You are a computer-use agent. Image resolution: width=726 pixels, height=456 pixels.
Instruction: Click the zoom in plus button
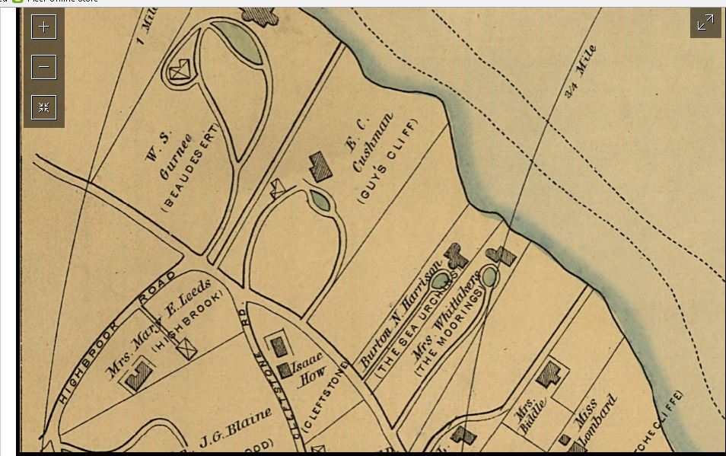point(44,27)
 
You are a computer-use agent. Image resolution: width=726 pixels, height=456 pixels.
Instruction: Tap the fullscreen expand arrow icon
point(705,23)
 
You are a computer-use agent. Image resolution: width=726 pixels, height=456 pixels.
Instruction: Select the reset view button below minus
point(44,107)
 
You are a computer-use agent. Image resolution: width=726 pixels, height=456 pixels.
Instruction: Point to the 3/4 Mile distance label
point(581,72)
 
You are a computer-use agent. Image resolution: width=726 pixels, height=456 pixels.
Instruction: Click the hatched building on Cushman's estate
point(320,166)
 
